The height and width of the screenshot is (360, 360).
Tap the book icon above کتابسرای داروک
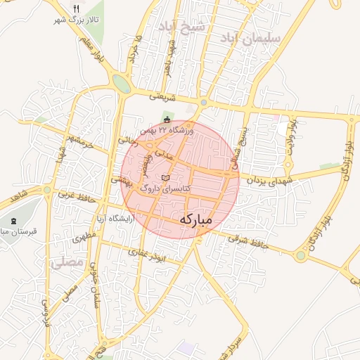165,179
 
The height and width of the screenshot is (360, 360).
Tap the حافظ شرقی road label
247,241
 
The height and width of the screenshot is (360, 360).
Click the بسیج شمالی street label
240,151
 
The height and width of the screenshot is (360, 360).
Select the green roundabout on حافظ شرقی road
301,255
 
